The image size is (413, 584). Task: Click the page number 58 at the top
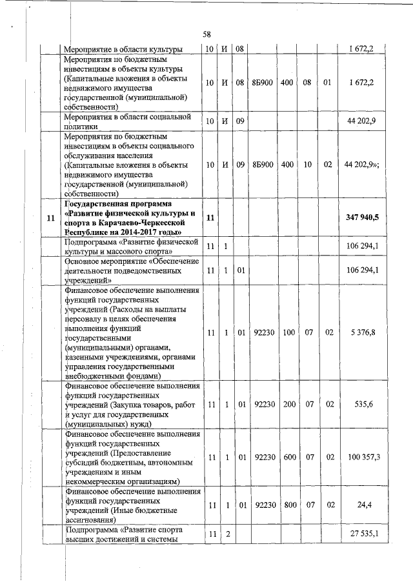coord(206,34)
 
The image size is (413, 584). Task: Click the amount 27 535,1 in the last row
coord(366,535)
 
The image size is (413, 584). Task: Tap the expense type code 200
coord(288,404)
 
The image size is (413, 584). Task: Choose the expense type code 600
coord(288,457)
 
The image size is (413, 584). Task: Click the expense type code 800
coord(288,507)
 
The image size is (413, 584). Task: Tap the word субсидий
coord(82,463)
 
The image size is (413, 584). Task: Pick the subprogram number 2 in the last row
coord(227,535)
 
